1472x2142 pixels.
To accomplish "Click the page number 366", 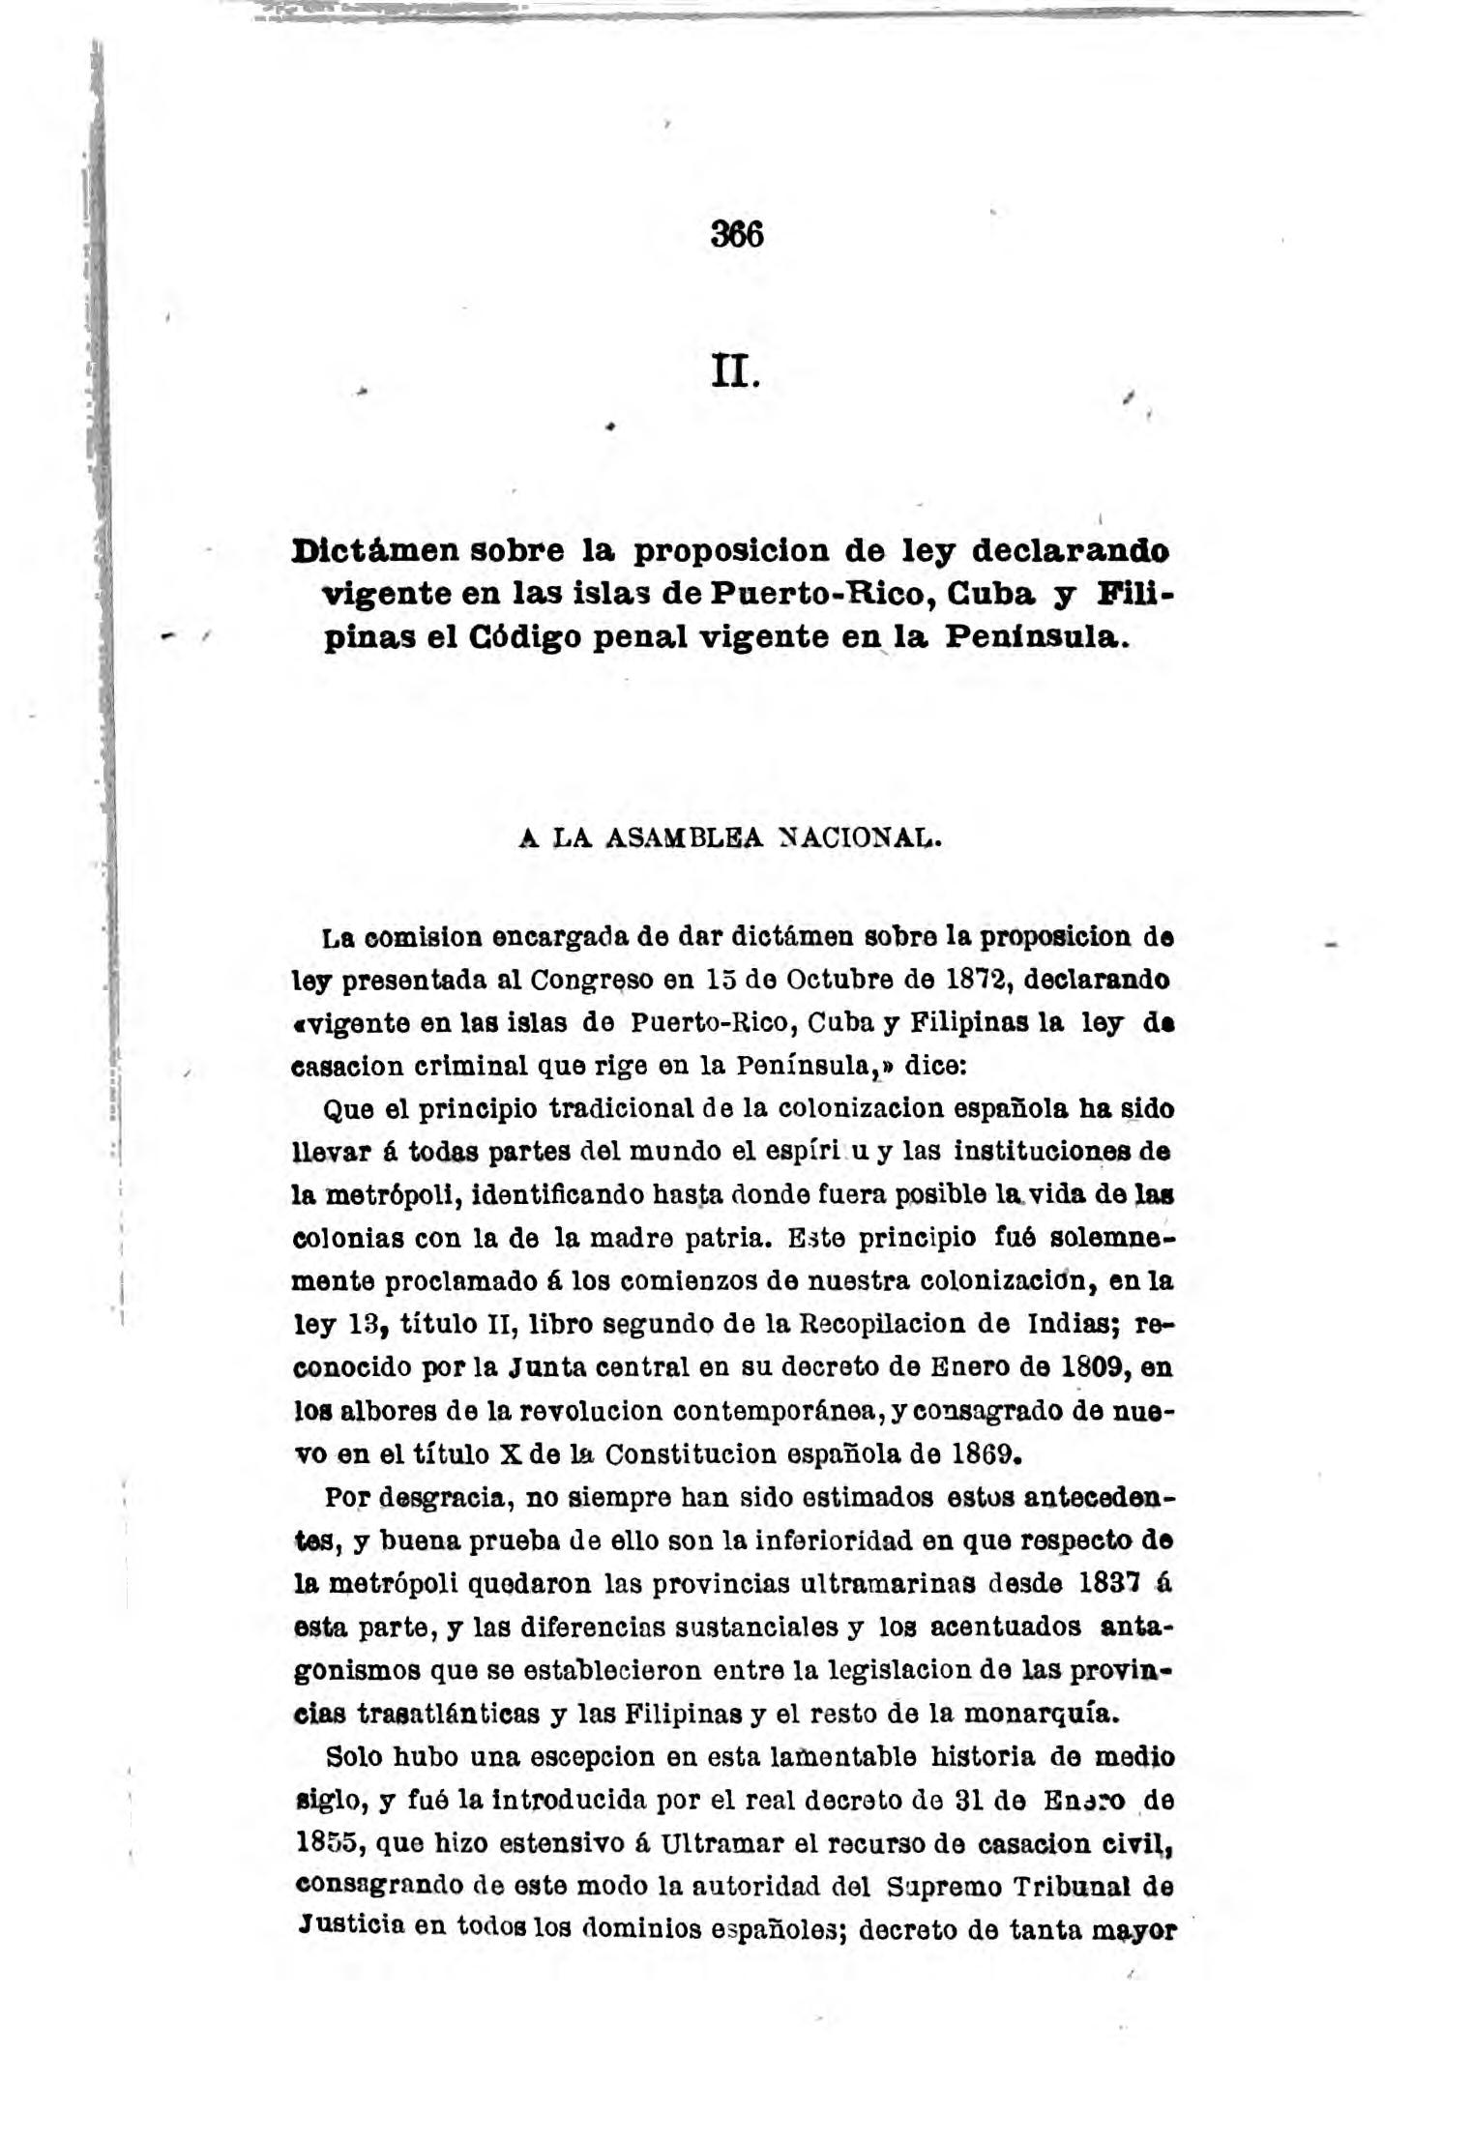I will point(736,235).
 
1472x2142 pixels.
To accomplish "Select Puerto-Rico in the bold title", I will point(821,594).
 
